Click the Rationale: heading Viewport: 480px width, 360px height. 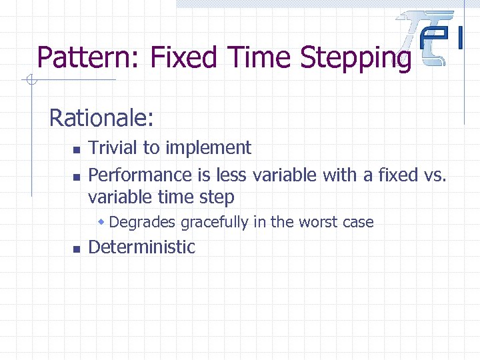tap(102, 119)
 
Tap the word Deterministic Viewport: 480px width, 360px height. tap(141, 247)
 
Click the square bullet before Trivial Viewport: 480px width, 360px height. tap(77, 149)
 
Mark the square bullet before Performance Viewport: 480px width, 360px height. tap(77, 177)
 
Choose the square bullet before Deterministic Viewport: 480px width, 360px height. tap(77, 249)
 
